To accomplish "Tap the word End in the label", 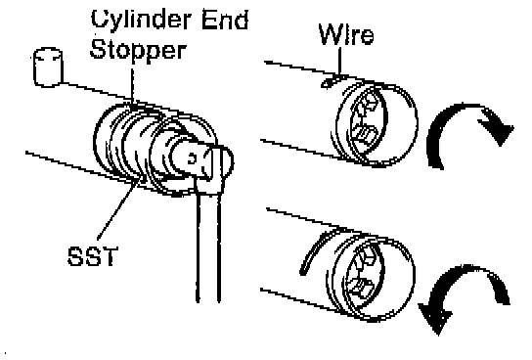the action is [x=225, y=19].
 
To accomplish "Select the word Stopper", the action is [x=138, y=51].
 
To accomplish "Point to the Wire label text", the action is [x=346, y=34].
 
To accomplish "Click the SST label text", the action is [x=93, y=256].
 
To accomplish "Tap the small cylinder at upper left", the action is [x=48, y=67].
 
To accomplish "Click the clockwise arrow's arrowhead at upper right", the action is [x=496, y=127].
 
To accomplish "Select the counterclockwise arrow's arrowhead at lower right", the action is [x=435, y=317].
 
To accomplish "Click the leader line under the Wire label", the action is [x=339, y=61].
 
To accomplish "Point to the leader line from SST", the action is [x=118, y=207].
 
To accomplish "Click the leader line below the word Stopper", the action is [x=132, y=85].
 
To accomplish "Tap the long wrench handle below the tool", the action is [x=208, y=247].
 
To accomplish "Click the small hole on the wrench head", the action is [x=192, y=158].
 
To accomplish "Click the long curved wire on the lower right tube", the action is [x=314, y=249].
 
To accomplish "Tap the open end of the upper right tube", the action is [x=377, y=124].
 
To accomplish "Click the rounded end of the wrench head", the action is [x=227, y=161].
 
